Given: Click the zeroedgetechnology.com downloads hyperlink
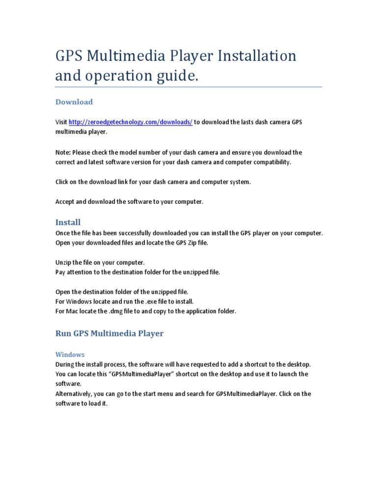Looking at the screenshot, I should [131, 122].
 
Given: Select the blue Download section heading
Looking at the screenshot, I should [74, 102].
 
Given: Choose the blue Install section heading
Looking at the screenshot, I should [68, 222].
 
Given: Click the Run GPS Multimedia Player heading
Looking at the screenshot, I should [109, 333].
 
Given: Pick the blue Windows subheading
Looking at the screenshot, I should [70, 354].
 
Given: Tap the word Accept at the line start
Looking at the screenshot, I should [65, 201].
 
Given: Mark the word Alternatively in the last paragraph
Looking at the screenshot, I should [75, 394].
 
